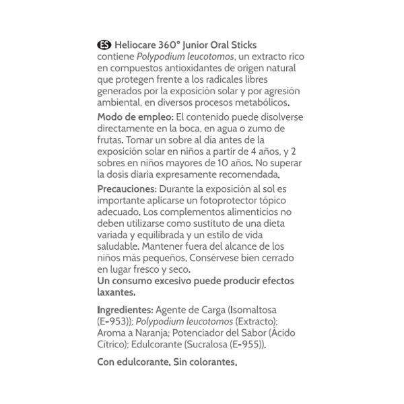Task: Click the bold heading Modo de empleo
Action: click(133, 117)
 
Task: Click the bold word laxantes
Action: click(116, 292)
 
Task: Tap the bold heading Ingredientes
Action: click(125, 310)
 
